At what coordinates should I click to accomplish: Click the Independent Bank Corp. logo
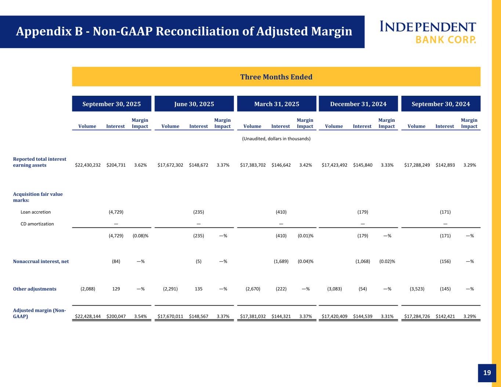click(x=428, y=32)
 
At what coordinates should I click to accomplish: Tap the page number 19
click(x=487, y=373)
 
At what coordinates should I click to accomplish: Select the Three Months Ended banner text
click(x=276, y=77)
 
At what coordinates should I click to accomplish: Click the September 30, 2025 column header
click(x=112, y=104)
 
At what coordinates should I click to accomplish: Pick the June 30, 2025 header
click(x=194, y=104)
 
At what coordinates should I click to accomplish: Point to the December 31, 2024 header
click(x=358, y=104)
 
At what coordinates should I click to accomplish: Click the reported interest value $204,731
click(x=116, y=165)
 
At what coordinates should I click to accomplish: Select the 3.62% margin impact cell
click(x=141, y=165)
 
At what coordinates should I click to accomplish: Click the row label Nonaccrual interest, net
click(x=41, y=262)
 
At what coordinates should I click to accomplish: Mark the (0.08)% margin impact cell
click(x=141, y=236)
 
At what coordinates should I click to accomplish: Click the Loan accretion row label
click(x=36, y=212)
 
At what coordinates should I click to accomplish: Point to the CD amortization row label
click(x=37, y=224)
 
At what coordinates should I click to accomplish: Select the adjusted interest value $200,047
click(x=116, y=316)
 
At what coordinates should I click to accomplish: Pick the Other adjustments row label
click(x=35, y=289)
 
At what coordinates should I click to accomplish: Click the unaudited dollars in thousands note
click(x=276, y=139)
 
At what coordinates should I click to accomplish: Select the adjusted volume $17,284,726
click(x=417, y=316)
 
